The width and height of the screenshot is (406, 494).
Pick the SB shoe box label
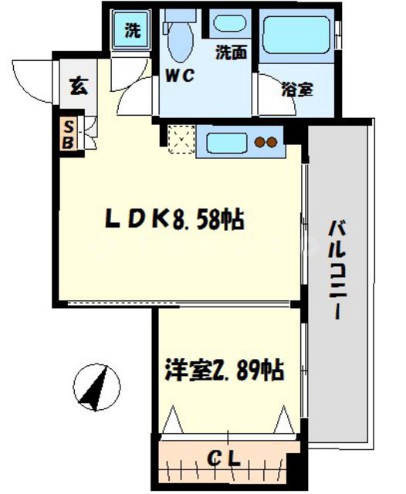click(x=68, y=134)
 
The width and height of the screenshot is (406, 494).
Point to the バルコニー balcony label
click(x=337, y=271)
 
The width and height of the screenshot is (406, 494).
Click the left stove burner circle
click(x=261, y=142)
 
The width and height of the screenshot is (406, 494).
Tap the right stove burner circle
click(x=272, y=142)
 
